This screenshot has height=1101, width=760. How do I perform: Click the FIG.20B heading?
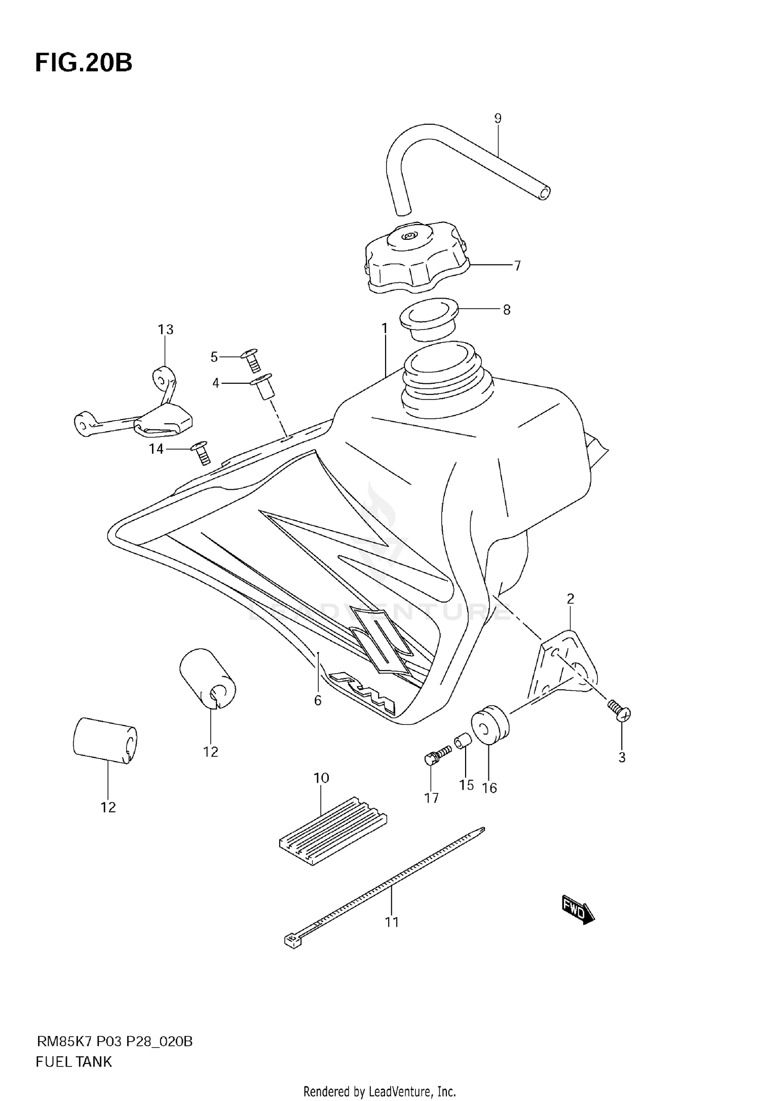tap(84, 63)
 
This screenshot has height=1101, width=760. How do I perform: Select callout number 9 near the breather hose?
tap(498, 119)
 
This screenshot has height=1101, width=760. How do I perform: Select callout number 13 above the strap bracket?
tap(166, 329)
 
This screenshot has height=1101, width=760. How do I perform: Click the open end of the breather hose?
tap(544, 193)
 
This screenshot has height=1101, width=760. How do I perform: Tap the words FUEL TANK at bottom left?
tap(73, 1061)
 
